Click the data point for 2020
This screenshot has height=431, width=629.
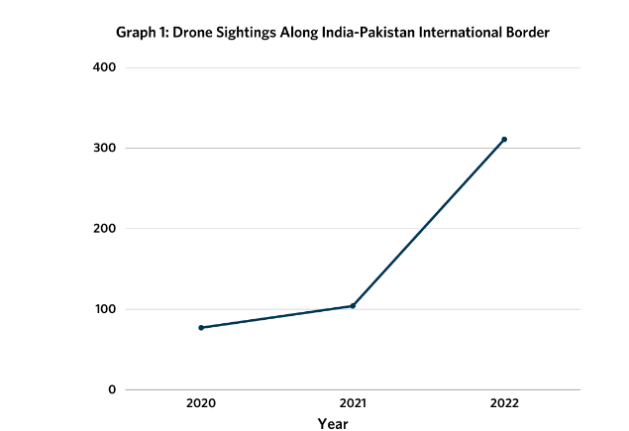201,327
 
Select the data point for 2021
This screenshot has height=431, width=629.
353,306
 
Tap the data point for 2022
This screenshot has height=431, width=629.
504,140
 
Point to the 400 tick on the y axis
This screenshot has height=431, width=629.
105,67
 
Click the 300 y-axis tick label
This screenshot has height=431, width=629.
105,148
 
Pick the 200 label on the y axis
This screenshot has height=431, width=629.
105,229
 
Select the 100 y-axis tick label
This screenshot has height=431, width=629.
105,309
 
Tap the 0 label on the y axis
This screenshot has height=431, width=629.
112,389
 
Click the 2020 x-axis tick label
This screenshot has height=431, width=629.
201,403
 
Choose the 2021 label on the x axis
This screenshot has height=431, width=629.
353,403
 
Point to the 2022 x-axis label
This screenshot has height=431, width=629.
504,403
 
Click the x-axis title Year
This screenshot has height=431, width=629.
333,423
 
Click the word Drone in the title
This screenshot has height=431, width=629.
193,33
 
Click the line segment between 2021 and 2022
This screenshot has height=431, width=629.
429,223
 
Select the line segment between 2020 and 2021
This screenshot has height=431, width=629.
277,317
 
